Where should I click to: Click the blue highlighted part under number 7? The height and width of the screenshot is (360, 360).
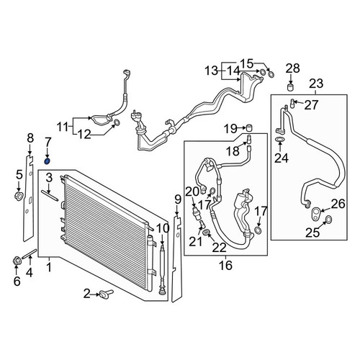[48, 161]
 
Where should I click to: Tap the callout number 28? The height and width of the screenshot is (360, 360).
[293, 68]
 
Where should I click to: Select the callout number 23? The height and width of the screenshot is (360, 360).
[316, 84]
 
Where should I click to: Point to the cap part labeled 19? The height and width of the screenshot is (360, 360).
[251, 127]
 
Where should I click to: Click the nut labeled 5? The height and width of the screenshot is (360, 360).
[19, 197]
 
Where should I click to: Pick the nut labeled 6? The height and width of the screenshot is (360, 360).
[17, 261]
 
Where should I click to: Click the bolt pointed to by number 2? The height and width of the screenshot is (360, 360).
[106, 293]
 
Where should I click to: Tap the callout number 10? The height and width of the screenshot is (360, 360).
[163, 228]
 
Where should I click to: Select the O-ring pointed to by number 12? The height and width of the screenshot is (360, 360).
[117, 123]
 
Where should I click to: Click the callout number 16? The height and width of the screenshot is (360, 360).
[225, 265]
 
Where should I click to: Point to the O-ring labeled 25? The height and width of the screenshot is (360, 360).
[328, 219]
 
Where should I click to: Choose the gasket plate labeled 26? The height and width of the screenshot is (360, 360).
[315, 212]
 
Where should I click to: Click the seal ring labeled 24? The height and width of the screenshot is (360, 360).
[279, 139]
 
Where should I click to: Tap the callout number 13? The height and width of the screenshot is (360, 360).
[212, 71]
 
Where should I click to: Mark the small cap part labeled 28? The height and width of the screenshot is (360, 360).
[291, 86]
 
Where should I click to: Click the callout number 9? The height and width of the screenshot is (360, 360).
[177, 199]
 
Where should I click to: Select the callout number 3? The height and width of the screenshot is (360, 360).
[49, 178]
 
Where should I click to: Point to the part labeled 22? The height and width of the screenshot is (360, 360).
[206, 233]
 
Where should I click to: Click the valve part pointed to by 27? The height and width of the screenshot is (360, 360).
[293, 103]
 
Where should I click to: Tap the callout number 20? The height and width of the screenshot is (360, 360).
[192, 192]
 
